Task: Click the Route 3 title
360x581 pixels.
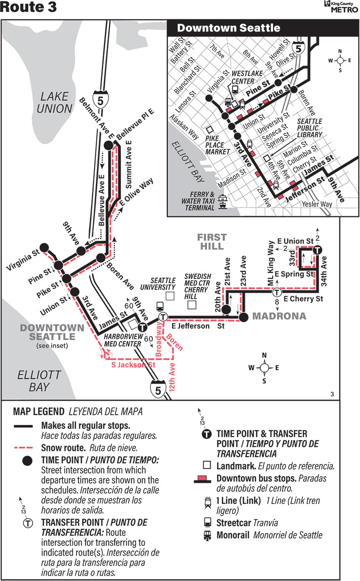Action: point(29,8)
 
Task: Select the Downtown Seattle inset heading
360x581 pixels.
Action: point(228,28)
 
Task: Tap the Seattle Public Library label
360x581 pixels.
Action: point(309,128)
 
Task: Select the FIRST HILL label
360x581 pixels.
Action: point(211,242)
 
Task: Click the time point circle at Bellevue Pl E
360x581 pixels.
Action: point(108,146)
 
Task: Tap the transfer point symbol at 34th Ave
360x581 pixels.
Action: point(317,250)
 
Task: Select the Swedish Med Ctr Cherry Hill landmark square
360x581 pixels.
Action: point(191,305)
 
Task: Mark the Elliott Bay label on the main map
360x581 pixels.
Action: point(32,381)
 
